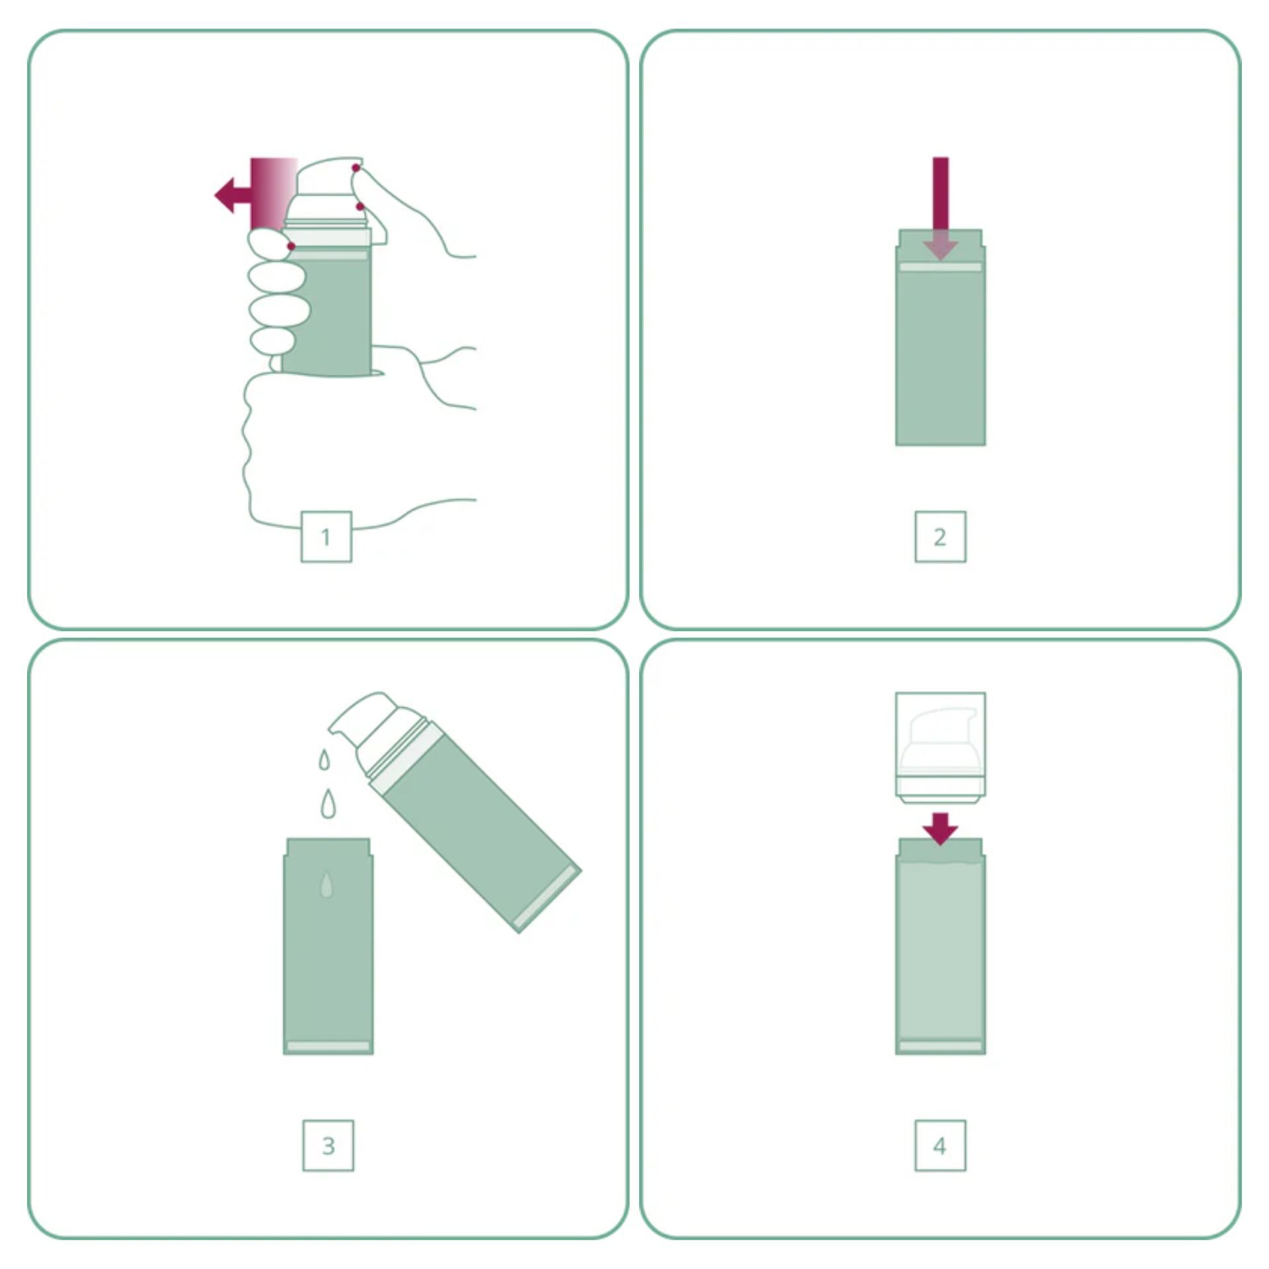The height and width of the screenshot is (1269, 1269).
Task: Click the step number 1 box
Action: pos(326,537)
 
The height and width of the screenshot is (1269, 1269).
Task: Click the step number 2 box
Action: pos(940,537)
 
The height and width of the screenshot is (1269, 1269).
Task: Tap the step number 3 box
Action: pos(328,1145)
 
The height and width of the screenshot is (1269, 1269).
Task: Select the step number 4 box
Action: pos(940,1145)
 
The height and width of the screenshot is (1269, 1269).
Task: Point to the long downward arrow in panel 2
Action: pos(941,208)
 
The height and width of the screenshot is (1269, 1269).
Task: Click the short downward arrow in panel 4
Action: pos(941,829)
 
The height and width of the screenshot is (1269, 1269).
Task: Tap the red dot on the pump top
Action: pos(356,169)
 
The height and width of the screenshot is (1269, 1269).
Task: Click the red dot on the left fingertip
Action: pos(291,247)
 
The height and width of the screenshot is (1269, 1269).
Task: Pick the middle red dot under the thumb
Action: pos(360,207)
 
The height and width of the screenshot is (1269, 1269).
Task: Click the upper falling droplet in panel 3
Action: pos(324,760)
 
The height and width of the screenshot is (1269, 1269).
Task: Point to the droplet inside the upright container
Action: pos(327,886)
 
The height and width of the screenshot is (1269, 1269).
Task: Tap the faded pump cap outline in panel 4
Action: pos(941,745)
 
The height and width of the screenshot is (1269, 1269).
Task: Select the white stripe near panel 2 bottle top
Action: pos(941,267)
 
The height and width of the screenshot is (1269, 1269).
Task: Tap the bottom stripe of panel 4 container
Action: pos(941,1045)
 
